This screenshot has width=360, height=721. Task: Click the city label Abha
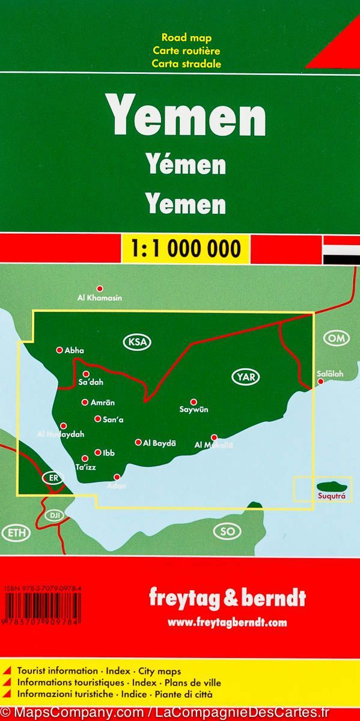(75, 350)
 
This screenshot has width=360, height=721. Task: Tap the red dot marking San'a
(97, 419)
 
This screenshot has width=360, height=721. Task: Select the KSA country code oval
(137, 342)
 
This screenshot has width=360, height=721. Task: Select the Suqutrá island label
(327, 496)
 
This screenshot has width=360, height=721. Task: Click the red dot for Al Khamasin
(100, 288)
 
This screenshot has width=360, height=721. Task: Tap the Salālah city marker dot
(321, 382)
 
